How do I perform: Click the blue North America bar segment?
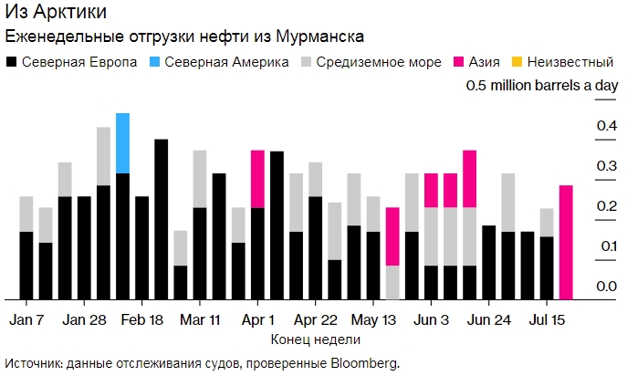coord(122,143)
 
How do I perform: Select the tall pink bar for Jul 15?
coord(566,242)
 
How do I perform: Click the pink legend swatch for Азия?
coord(461,62)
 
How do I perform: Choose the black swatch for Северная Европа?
coord(11,62)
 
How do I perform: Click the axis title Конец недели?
coord(315,339)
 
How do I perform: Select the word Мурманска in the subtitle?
coord(319,37)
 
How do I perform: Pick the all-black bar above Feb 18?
coord(162,219)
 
